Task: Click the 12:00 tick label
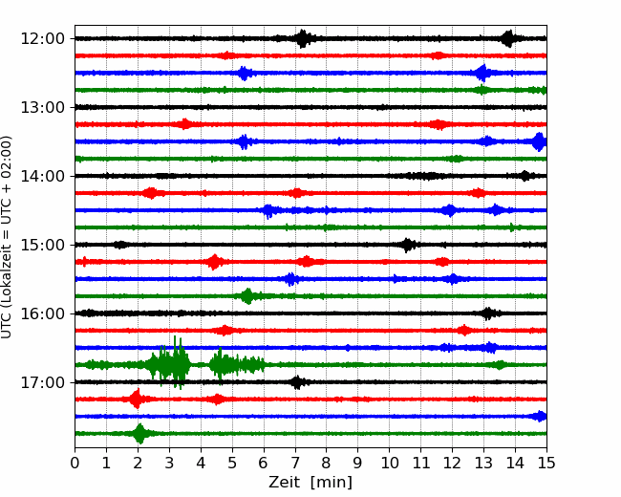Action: click(x=42, y=39)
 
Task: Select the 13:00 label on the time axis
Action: click(x=42, y=107)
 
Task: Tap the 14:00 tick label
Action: click(x=42, y=176)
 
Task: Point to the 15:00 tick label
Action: click(x=42, y=245)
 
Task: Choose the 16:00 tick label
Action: click(x=42, y=313)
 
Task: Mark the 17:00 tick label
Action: click(x=42, y=382)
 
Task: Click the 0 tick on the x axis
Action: click(x=75, y=463)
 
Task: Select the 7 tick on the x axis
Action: click(x=295, y=463)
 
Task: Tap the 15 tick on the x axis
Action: click(x=546, y=463)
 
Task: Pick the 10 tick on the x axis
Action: click(x=389, y=463)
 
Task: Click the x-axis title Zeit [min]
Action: click(x=310, y=482)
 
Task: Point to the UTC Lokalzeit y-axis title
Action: click(x=7, y=237)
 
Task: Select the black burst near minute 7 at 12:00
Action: click(x=303, y=38)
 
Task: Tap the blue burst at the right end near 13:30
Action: click(x=540, y=141)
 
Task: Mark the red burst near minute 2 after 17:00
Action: click(x=137, y=399)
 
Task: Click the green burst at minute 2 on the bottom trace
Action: click(x=139, y=433)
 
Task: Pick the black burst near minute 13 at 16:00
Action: click(x=488, y=313)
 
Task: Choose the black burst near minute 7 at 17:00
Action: click(x=297, y=382)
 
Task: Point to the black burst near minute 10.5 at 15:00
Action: click(x=408, y=245)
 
